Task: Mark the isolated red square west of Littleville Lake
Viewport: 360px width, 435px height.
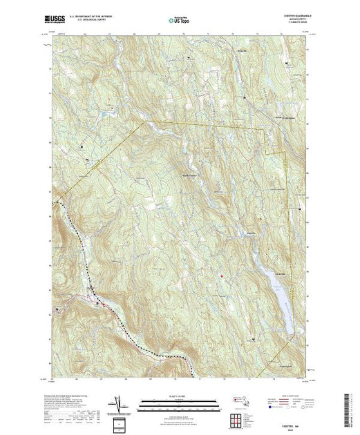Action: coord(221,277)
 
